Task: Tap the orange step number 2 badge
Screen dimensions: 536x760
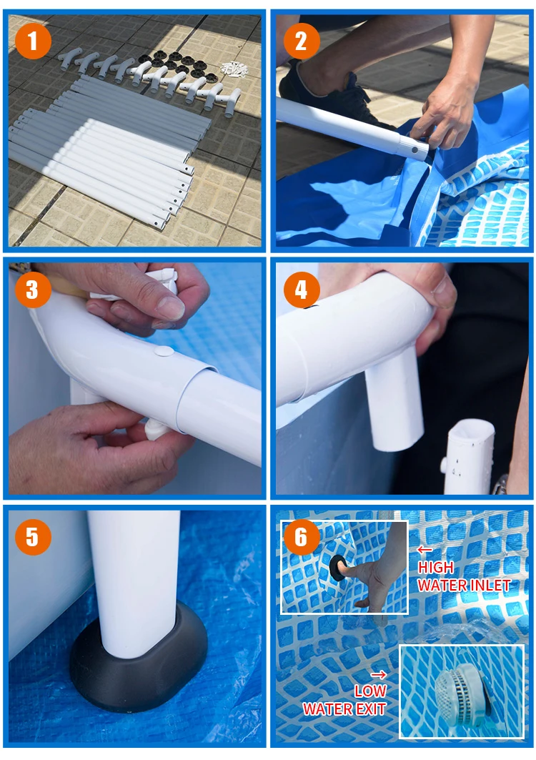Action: (x=301, y=41)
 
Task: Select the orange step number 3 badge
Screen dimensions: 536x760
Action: (x=32, y=290)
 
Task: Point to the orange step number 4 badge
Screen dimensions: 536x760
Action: (x=301, y=290)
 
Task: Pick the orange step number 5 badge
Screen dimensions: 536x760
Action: (x=32, y=537)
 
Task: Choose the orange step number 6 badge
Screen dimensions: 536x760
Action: (x=301, y=537)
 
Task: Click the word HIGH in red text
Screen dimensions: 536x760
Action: (x=436, y=567)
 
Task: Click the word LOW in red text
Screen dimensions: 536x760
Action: (x=371, y=691)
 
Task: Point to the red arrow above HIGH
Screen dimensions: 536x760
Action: (x=425, y=550)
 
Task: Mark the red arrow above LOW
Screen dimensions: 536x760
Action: (x=379, y=674)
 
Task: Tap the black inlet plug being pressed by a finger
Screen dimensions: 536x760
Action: (x=337, y=568)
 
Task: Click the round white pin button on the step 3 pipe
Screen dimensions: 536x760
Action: (x=164, y=352)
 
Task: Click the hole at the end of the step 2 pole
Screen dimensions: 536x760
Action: (x=415, y=150)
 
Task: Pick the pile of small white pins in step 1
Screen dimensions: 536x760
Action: (x=234, y=69)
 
